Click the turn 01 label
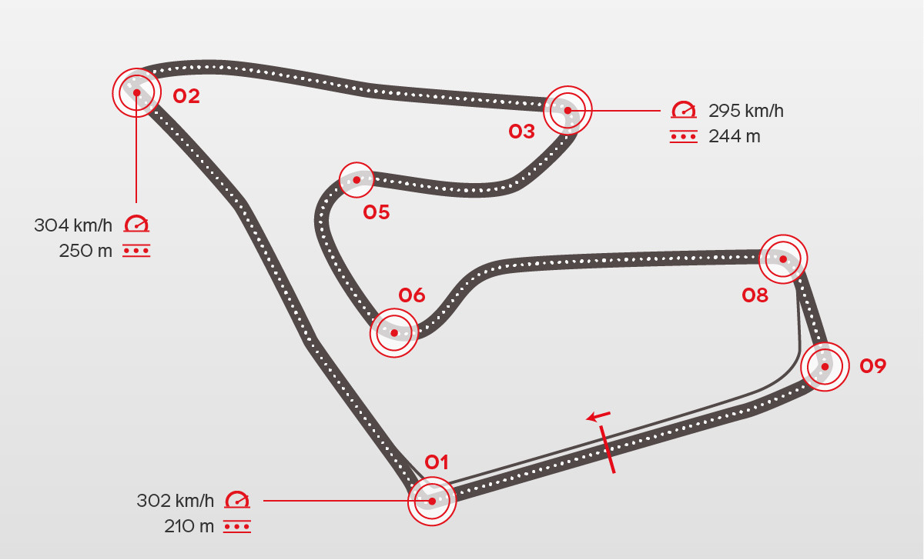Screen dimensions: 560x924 tap(437, 462)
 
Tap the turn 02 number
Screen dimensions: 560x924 tap(186, 96)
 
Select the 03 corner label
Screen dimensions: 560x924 tap(521, 132)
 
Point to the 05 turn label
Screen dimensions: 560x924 tap(377, 212)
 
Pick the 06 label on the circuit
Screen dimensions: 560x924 tap(412, 295)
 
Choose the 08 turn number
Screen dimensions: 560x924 tap(755, 295)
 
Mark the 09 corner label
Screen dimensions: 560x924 tap(873, 366)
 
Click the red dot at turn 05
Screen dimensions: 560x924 tap(357, 180)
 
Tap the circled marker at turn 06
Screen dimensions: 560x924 tap(394, 333)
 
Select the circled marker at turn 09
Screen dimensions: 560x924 tap(825, 367)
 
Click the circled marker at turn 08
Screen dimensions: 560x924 tap(783, 259)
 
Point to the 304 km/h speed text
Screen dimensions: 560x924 tap(73, 225)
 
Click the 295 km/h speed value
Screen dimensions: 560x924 tap(746, 111)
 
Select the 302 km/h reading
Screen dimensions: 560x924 tap(176, 501)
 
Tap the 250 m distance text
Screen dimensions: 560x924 tap(85, 251)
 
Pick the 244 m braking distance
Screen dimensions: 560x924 tap(734, 137)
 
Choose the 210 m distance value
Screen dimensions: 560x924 tap(189, 527)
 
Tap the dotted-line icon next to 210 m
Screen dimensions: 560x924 tap(237, 527)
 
